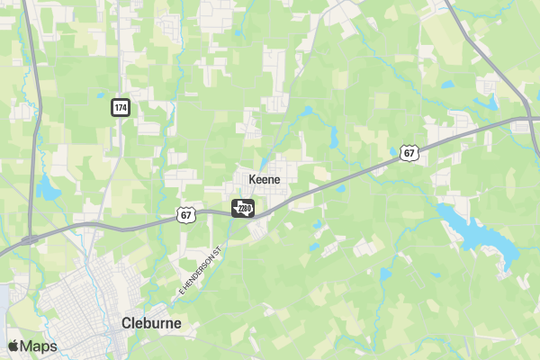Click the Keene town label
pos(258,179)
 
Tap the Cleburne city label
pos(151,322)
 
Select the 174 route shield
pos(120,108)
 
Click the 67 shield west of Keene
pos(185,214)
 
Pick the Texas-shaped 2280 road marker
pos(243,209)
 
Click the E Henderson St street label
pos(200,271)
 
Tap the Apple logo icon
pos(13,346)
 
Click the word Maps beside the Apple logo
pos(39,346)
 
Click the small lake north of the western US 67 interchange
pos(45,189)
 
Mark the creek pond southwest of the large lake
pos(386,274)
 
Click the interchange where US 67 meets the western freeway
pos(30,238)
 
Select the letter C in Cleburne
pos(127,322)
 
